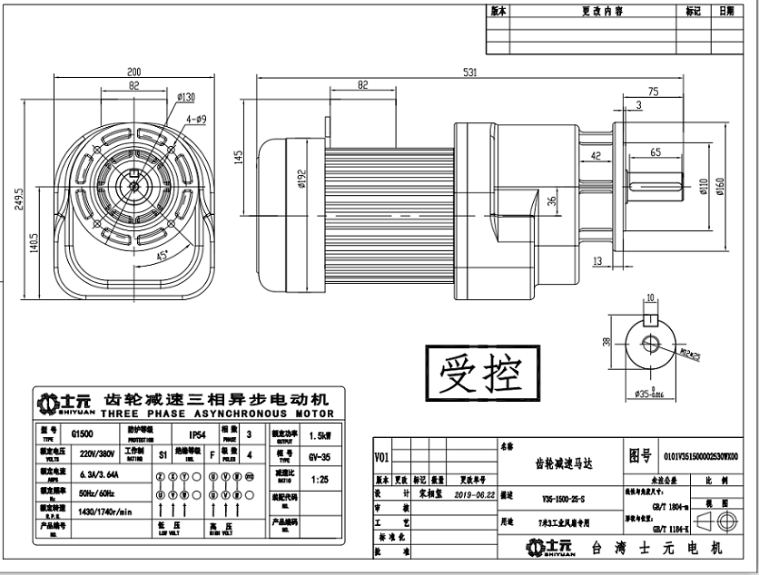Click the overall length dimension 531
tap(470, 73)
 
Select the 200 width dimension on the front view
tap(134, 72)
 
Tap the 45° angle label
tap(162, 257)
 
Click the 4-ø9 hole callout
tap(196, 119)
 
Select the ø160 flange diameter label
tap(721, 187)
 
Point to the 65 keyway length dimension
tap(655, 151)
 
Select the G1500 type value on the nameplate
tap(83, 434)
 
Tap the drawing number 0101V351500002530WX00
tap(701, 456)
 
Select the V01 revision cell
tap(381, 456)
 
